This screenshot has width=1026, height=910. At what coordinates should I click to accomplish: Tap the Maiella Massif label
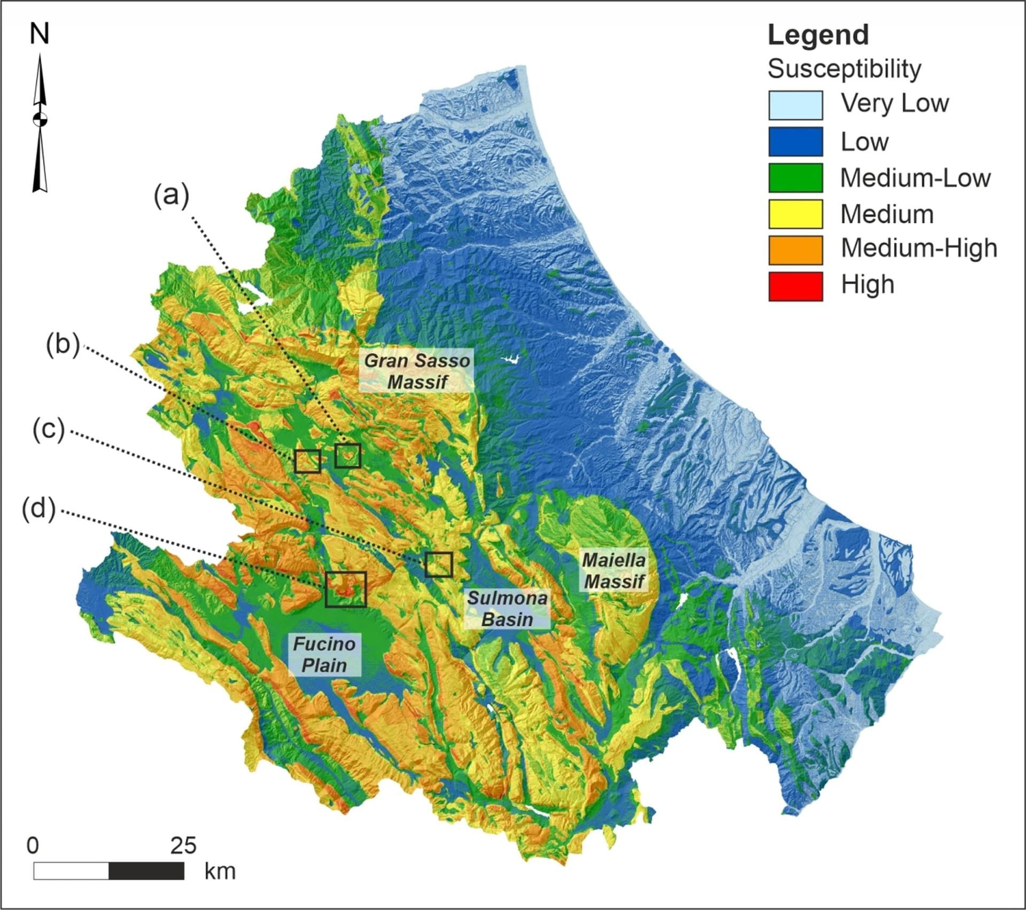(x=614, y=571)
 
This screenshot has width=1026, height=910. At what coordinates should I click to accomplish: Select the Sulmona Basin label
(x=507, y=609)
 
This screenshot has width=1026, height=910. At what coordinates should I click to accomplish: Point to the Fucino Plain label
(x=324, y=655)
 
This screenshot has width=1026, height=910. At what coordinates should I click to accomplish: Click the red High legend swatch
(x=795, y=286)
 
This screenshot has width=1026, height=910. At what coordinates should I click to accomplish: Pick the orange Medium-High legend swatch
(x=795, y=250)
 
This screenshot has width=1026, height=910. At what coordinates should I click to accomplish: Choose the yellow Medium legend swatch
(x=795, y=214)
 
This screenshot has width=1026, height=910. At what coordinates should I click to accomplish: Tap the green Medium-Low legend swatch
(x=795, y=178)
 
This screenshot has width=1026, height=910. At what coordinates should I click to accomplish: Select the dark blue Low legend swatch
(x=795, y=142)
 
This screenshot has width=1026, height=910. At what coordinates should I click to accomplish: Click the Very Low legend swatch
(x=795, y=105)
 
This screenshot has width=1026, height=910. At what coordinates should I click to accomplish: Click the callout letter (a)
(x=172, y=196)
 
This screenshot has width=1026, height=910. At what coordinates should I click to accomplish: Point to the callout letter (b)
(x=63, y=345)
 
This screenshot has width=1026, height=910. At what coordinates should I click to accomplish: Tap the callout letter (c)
(x=48, y=430)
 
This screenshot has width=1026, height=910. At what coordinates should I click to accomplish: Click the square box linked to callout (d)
(x=346, y=589)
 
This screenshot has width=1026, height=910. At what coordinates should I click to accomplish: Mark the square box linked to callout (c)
(x=439, y=564)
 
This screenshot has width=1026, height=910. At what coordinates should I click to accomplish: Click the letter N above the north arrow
(x=40, y=35)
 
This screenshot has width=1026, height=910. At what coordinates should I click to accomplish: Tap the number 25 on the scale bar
(x=183, y=846)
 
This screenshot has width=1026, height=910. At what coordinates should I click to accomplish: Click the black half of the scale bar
(x=146, y=871)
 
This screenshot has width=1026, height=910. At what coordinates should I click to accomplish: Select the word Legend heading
(x=818, y=35)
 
